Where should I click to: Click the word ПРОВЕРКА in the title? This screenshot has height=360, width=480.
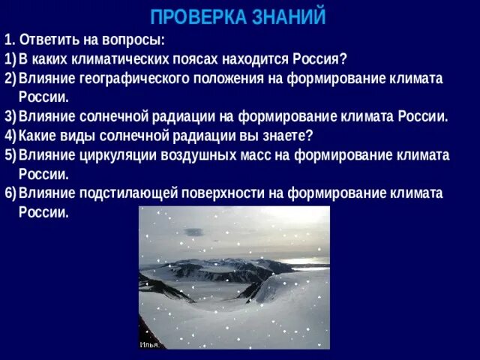point(198,16)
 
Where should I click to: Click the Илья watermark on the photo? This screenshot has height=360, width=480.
point(148,344)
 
